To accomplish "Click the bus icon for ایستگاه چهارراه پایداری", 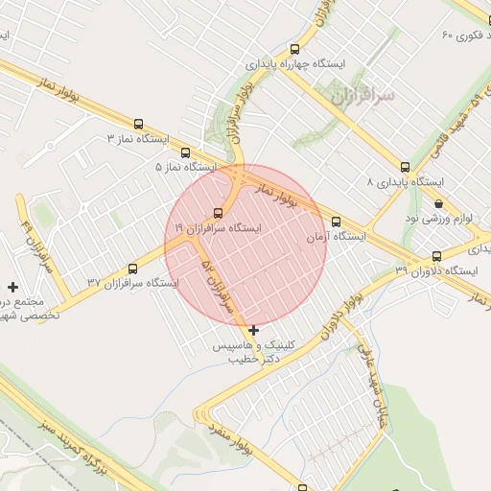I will (x=293, y=49).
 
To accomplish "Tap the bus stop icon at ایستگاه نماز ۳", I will (x=139, y=124).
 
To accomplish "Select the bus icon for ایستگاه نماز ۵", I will (x=185, y=152).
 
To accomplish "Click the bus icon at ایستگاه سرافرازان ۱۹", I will (x=219, y=213).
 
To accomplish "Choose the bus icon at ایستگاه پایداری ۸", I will (x=406, y=167).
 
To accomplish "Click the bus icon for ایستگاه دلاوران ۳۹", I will (x=437, y=256).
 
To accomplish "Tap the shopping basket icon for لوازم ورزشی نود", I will (x=439, y=204).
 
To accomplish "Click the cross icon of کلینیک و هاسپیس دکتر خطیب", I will (x=253, y=330).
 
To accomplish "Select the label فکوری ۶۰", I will (x=461, y=35).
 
